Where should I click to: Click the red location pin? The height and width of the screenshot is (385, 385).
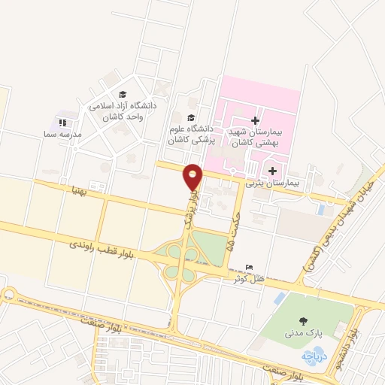tap(193, 177)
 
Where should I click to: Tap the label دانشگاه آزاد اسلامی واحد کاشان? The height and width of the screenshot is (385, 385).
tap(123, 111)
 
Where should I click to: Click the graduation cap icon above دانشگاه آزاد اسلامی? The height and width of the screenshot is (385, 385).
tap(123, 95)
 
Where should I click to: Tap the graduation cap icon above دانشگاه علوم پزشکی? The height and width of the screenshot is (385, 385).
tap(190, 118)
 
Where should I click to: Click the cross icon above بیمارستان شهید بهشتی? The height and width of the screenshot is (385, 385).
tap(255, 120)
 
